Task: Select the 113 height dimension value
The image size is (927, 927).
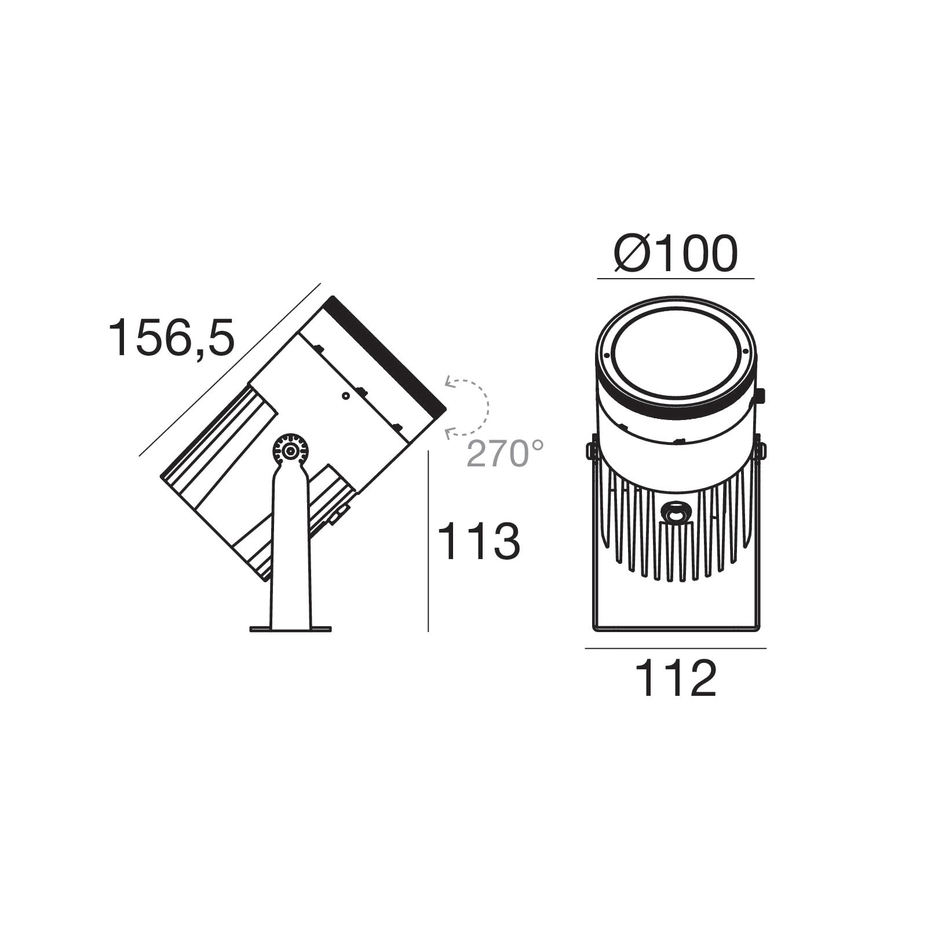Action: pyautogui.click(x=479, y=541)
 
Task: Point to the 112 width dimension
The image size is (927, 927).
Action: pyautogui.click(x=676, y=678)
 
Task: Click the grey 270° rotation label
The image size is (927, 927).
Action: pyautogui.click(x=505, y=454)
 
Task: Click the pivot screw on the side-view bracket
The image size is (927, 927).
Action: pyautogui.click(x=290, y=450)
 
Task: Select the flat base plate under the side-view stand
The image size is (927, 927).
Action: pyautogui.click(x=290, y=629)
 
